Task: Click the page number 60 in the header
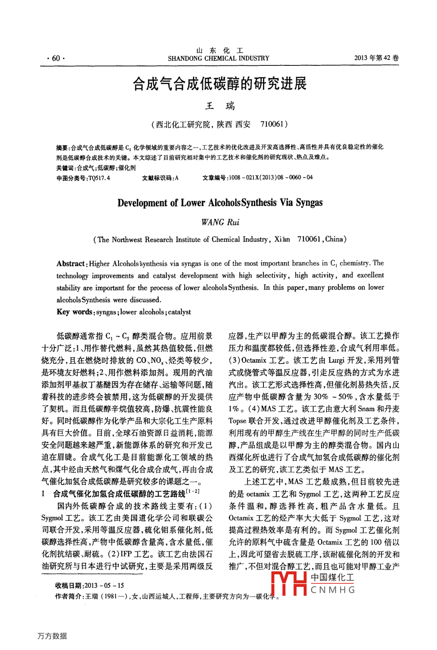(56, 58)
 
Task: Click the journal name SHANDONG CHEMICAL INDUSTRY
(218, 58)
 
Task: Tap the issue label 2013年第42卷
(376, 58)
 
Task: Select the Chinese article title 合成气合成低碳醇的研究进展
(220, 84)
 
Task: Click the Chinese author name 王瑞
(220, 106)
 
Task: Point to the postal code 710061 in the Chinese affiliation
(272, 124)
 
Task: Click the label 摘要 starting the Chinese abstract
(62, 147)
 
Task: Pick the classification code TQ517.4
(99, 178)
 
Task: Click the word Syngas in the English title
(309, 202)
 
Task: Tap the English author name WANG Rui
(220, 222)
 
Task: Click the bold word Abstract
(71, 264)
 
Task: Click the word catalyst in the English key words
(179, 312)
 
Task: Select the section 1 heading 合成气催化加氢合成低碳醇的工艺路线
(119, 494)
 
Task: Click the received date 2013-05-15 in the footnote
(104, 585)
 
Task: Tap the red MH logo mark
(289, 583)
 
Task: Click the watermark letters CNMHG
(333, 590)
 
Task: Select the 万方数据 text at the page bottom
(52, 636)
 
